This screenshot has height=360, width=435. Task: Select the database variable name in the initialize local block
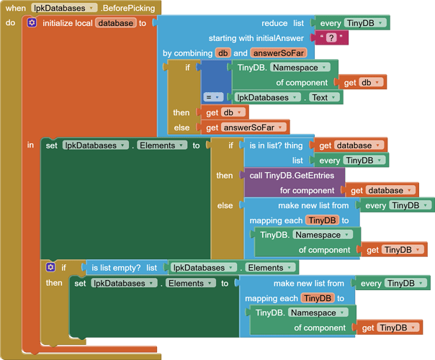pos(115,23)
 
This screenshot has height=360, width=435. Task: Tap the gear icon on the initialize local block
pos(32,23)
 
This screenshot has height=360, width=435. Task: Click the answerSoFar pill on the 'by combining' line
pos(278,53)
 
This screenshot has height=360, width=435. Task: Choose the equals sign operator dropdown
pos(212,97)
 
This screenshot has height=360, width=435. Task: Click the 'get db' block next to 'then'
pos(223,112)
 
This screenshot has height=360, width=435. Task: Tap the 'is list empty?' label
pos(115,268)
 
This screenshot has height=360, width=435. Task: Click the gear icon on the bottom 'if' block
pos(50,268)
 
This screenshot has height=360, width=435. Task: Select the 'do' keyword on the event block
pos(10,23)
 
